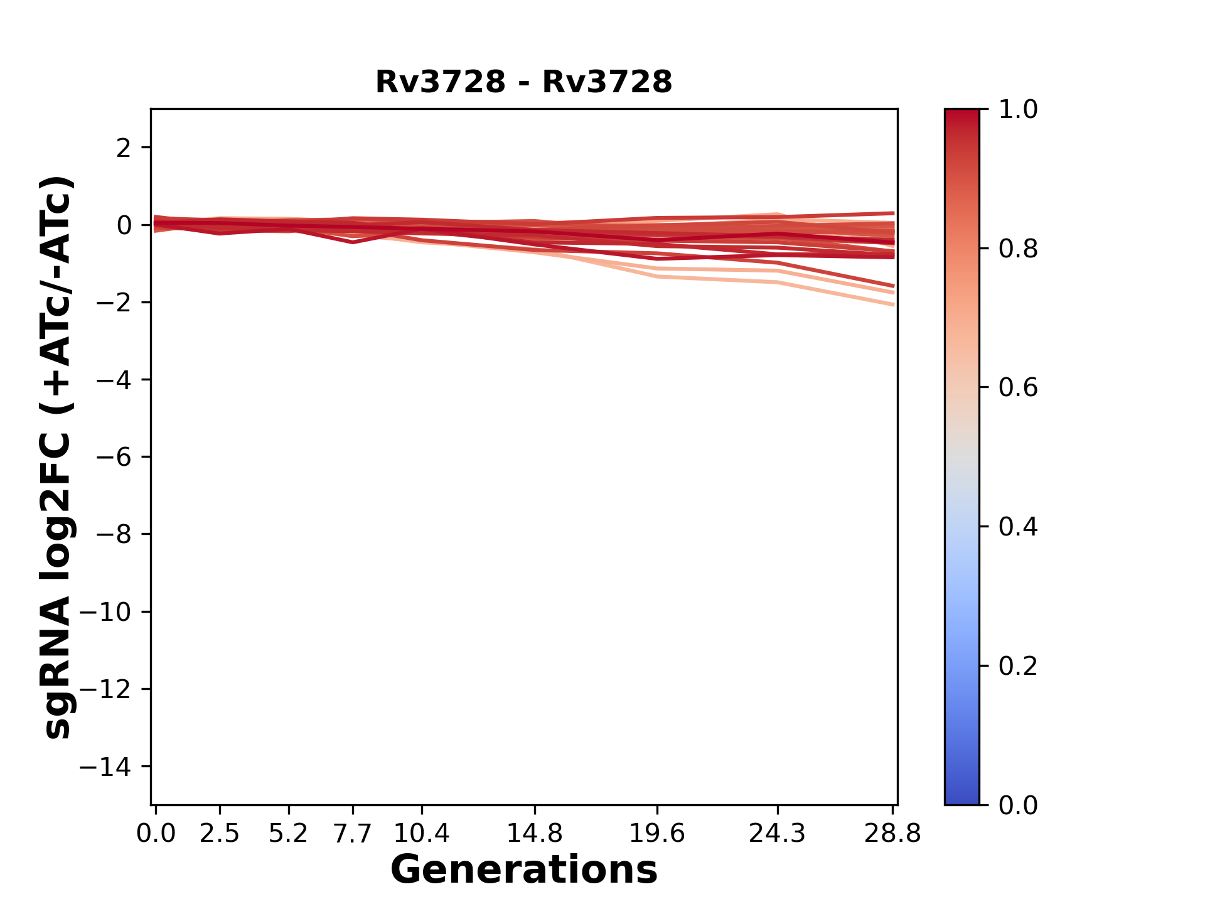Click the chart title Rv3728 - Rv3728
(523, 82)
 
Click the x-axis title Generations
(523, 870)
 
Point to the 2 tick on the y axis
(124, 148)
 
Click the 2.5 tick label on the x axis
(220, 834)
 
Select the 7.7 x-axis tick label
(353, 834)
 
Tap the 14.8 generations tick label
(534, 834)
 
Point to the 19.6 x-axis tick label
(657, 834)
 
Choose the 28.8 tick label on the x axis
(892, 834)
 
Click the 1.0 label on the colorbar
(1018, 110)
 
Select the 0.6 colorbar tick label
(1018, 388)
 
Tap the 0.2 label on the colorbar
(1018, 666)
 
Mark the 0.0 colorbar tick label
(1018, 805)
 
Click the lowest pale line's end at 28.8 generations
(892, 304)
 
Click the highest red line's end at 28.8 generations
(892, 213)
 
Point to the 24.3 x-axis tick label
(778, 834)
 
